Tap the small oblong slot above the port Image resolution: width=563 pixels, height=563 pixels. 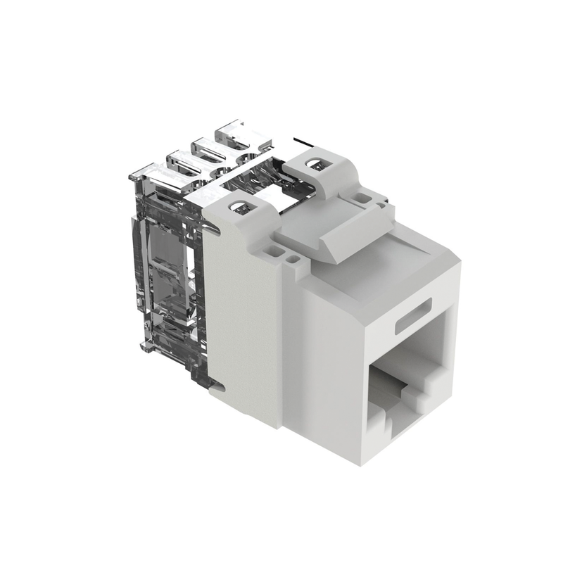[413, 322]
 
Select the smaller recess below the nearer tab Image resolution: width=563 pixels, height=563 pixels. [291, 259]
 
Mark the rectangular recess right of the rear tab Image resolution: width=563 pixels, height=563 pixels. [362, 198]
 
